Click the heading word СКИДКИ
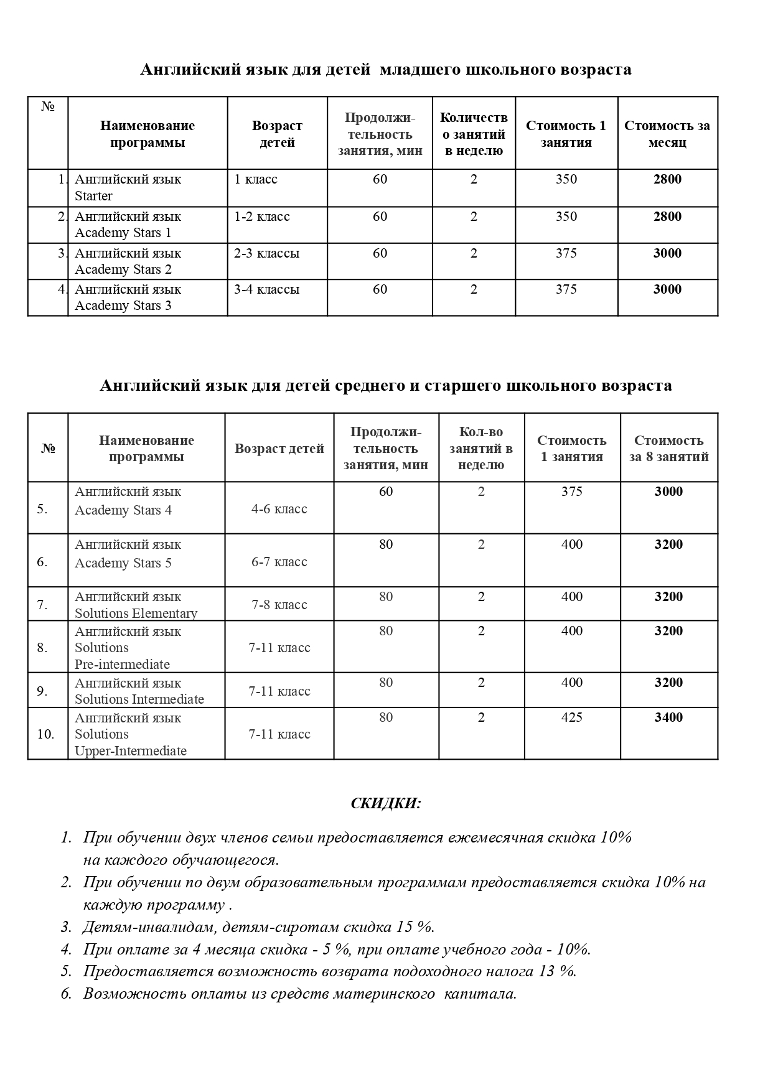click(386, 803)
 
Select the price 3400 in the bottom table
click(668, 717)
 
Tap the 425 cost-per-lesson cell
click(571, 717)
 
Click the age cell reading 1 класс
click(256, 179)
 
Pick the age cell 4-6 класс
click(279, 509)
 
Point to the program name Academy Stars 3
click(123, 306)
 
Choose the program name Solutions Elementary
click(136, 614)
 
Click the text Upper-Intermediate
click(131, 751)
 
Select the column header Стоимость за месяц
click(667, 134)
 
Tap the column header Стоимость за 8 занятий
click(668, 449)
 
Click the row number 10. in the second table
click(45, 734)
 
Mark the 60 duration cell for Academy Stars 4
click(386, 492)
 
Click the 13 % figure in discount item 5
click(558, 971)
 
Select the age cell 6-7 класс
click(279, 562)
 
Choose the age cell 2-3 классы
click(266, 253)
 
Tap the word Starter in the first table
click(93, 196)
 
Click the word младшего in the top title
click(420, 69)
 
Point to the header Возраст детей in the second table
click(279, 449)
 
